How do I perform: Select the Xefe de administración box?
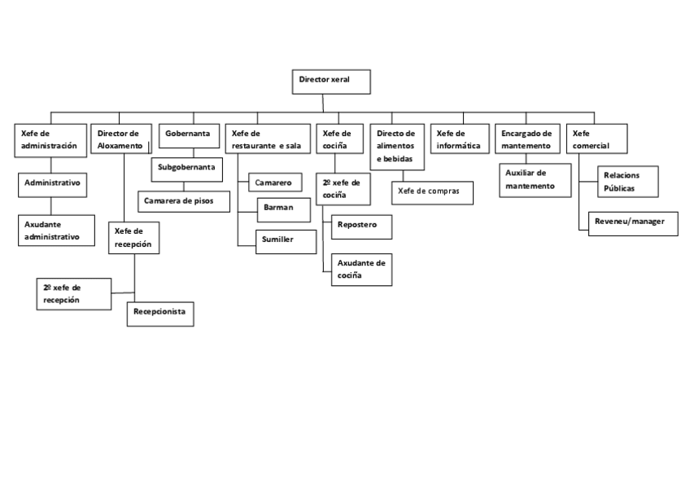51,139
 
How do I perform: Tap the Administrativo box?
53,184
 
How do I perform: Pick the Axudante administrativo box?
53,230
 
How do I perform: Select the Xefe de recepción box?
134,237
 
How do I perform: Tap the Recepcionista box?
160,313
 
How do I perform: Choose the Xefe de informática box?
459,138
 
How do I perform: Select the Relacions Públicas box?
628,180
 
